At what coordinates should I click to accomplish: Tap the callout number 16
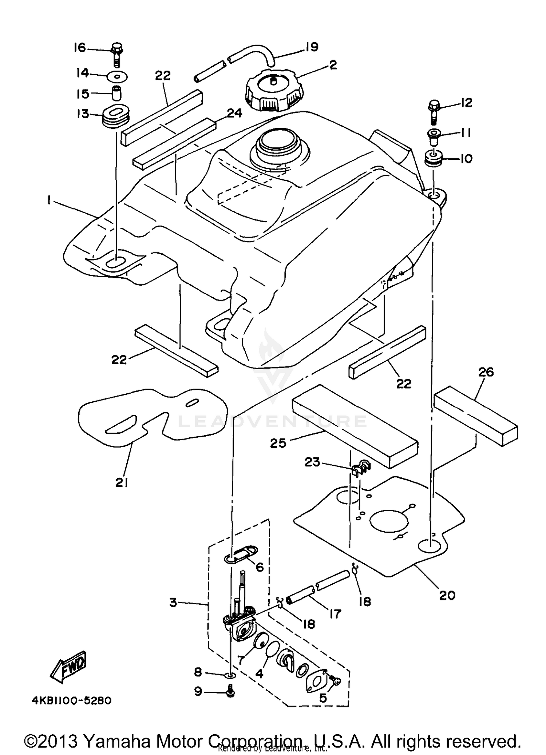click(79, 47)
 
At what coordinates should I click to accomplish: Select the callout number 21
click(122, 482)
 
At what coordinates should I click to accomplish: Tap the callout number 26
click(486, 372)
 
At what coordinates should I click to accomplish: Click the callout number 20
click(447, 595)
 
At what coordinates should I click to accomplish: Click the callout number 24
click(234, 113)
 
